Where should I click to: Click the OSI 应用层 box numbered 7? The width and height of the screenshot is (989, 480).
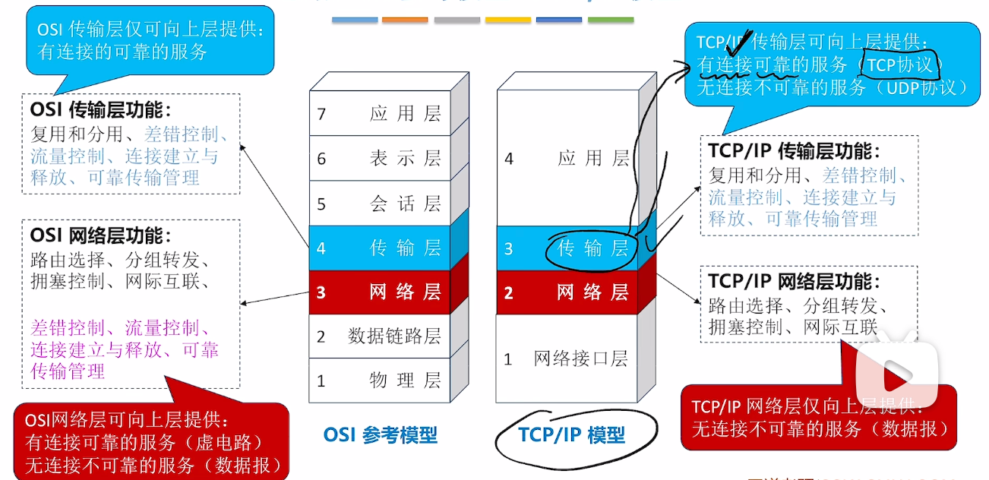(x=379, y=114)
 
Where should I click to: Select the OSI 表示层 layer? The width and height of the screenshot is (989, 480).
(x=379, y=158)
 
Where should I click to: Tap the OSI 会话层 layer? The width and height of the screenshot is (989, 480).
(x=379, y=204)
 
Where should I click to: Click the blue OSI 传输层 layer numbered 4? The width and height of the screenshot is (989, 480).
(x=379, y=248)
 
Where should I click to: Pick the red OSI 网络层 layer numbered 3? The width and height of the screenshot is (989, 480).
(x=379, y=292)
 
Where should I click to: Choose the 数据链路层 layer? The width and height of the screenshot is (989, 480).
(x=379, y=336)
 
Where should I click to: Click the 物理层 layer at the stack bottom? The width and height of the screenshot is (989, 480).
(x=379, y=380)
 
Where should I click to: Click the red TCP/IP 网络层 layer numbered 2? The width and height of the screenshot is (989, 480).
(x=567, y=292)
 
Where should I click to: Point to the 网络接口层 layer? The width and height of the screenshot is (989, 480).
(x=567, y=358)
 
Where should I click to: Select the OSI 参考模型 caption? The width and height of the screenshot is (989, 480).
(x=380, y=434)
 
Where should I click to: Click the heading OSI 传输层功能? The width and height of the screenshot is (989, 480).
(x=101, y=109)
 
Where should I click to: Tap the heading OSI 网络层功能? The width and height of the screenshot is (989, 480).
(x=101, y=235)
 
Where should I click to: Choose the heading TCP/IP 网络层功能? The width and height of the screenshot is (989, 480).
(x=794, y=281)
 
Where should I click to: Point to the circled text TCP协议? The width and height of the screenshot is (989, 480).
(x=899, y=65)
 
